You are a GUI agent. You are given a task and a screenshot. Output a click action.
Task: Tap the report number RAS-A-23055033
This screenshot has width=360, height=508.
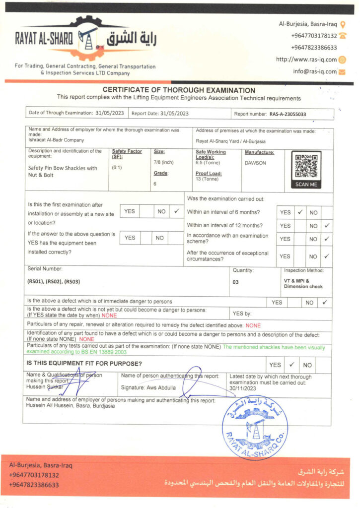click(x=288, y=114)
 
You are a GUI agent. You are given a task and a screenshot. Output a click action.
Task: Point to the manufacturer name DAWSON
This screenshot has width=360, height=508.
click(x=255, y=163)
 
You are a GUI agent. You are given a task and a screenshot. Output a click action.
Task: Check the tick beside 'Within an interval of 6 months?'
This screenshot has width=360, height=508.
click(x=300, y=212)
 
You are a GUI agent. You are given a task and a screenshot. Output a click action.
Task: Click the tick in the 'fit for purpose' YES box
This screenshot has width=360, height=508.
click(x=291, y=365)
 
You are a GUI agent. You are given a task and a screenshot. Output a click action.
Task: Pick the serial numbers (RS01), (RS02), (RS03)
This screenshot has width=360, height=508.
click(x=54, y=282)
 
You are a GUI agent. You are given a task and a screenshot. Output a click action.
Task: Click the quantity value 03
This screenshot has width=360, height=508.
click(x=235, y=281)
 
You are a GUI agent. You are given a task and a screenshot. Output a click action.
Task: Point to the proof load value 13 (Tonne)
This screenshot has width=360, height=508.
click(x=207, y=179)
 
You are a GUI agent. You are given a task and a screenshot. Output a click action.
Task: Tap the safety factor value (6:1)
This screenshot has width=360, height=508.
click(x=118, y=168)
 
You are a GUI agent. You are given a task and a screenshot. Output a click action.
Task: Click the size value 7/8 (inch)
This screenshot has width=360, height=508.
click(x=164, y=162)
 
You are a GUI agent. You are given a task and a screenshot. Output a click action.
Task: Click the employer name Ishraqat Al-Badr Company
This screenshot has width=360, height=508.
click(x=56, y=140)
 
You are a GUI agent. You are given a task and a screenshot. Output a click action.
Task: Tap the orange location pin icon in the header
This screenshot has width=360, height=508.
click(x=344, y=24)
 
